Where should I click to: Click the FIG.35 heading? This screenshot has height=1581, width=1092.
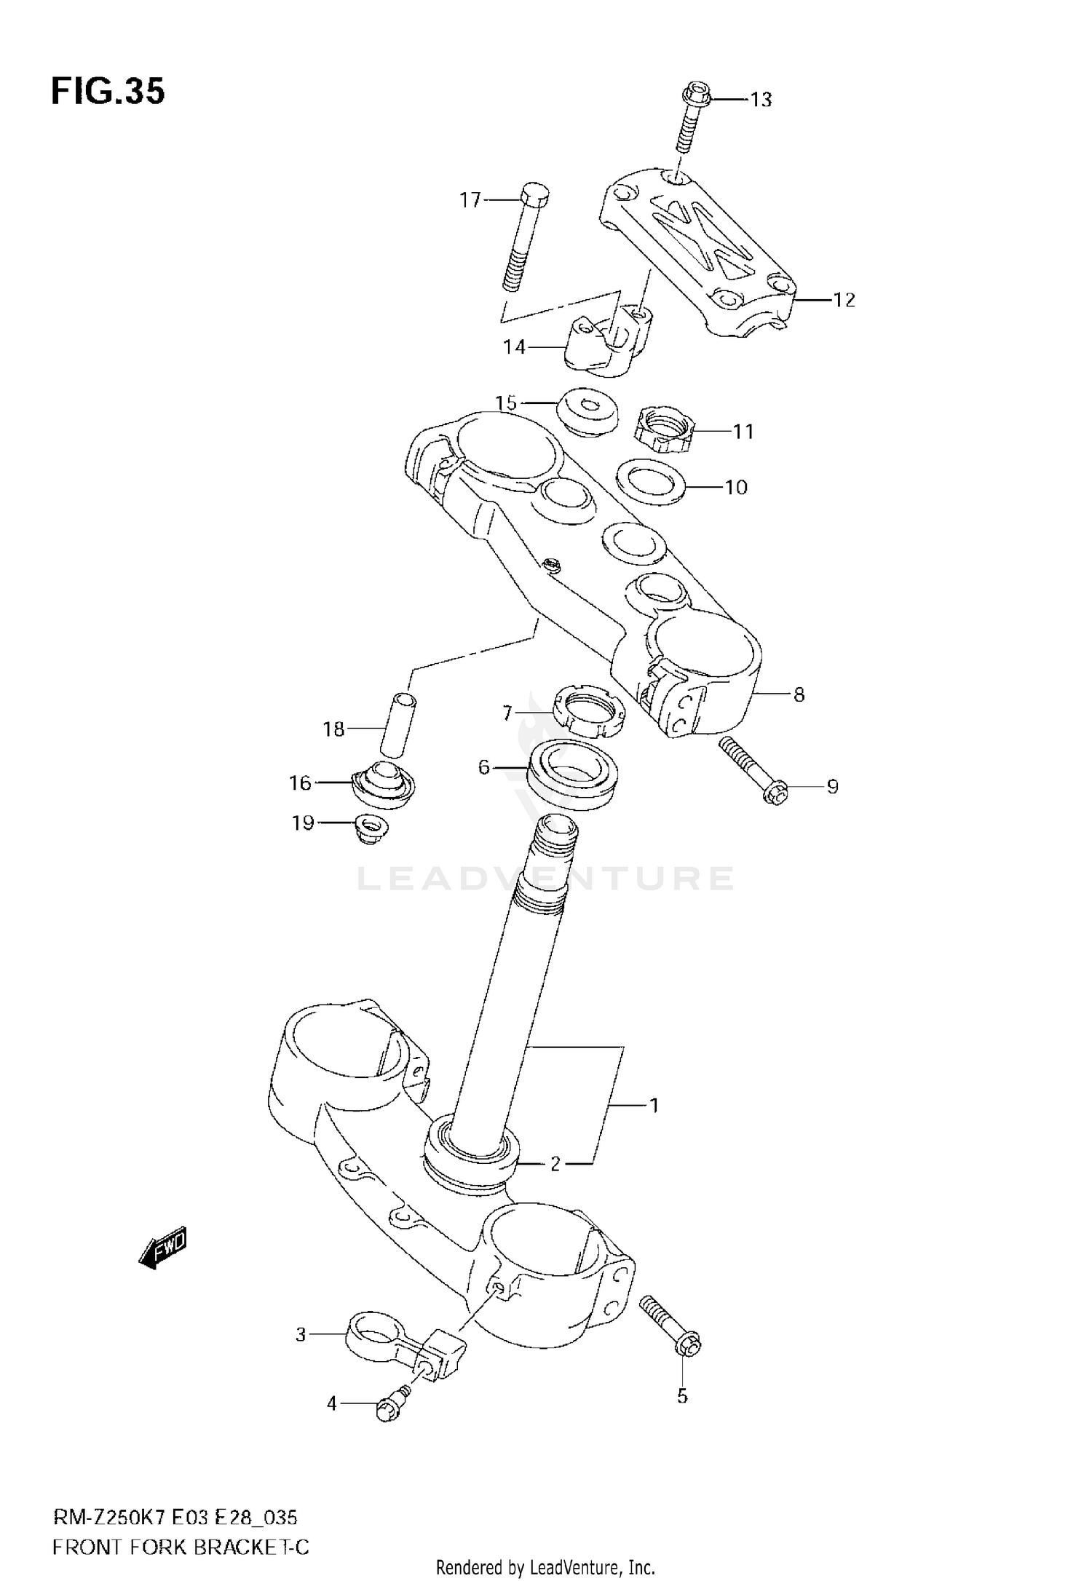[108, 92]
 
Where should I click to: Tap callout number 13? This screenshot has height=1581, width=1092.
[761, 99]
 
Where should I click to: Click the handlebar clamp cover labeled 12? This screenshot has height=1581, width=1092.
[699, 255]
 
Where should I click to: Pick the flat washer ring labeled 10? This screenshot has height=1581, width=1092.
[651, 481]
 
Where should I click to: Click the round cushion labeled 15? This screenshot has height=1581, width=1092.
[587, 411]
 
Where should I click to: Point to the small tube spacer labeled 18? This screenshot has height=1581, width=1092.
[397, 725]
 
